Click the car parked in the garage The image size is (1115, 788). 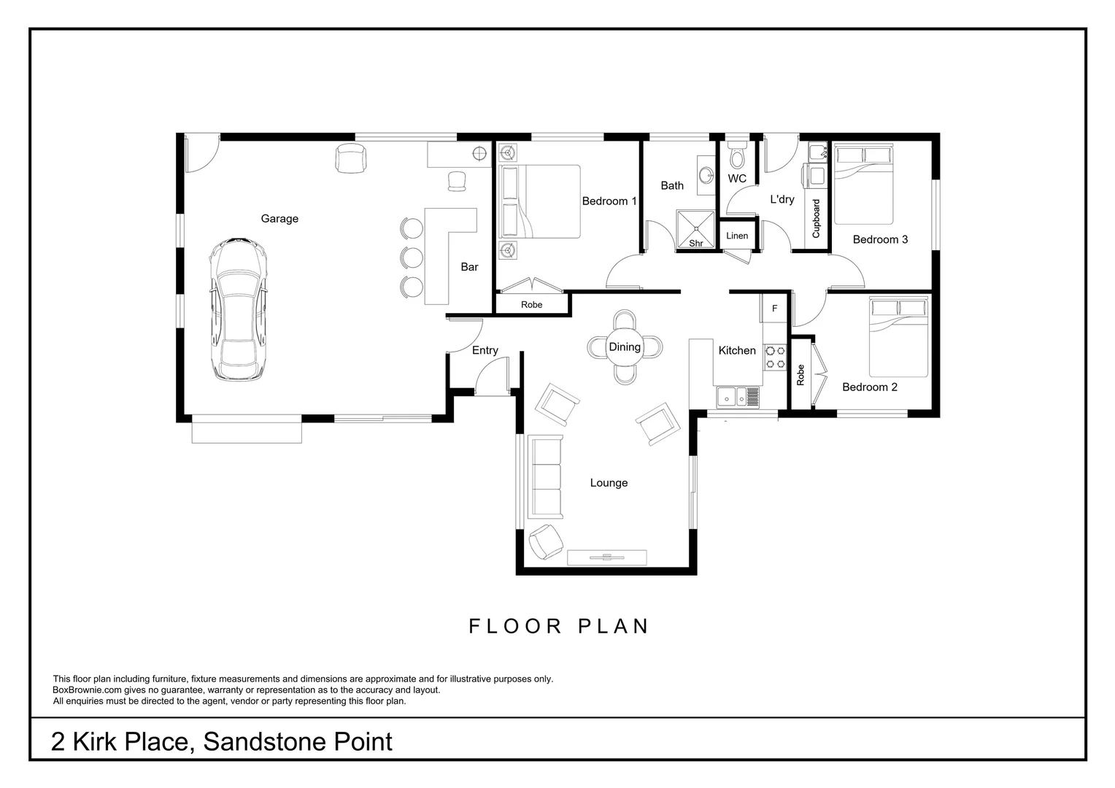[x=238, y=309]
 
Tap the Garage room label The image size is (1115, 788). [x=279, y=219]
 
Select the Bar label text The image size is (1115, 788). [x=469, y=267]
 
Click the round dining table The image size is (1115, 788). [x=625, y=347]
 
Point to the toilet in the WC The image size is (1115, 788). [x=737, y=155]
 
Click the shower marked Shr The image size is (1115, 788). [x=695, y=228]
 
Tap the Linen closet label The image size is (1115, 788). [x=737, y=236]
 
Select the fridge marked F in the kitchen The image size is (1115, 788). [x=774, y=309]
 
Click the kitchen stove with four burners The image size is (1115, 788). [x=774, y=356]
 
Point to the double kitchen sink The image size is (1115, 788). [x=738, y=397]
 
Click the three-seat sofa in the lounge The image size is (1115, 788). [x=545, y=477]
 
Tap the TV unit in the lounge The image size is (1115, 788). [x=606, y=557]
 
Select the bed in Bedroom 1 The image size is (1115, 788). [x=539, y=201]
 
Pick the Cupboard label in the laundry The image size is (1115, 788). [x=816, y=218]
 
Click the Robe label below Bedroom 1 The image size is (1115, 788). [x=531, y=305]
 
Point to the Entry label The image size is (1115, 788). [x=485, y=351]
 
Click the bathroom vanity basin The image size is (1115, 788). [x=706, y=175]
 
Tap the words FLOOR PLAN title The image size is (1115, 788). [x=558, y=626]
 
